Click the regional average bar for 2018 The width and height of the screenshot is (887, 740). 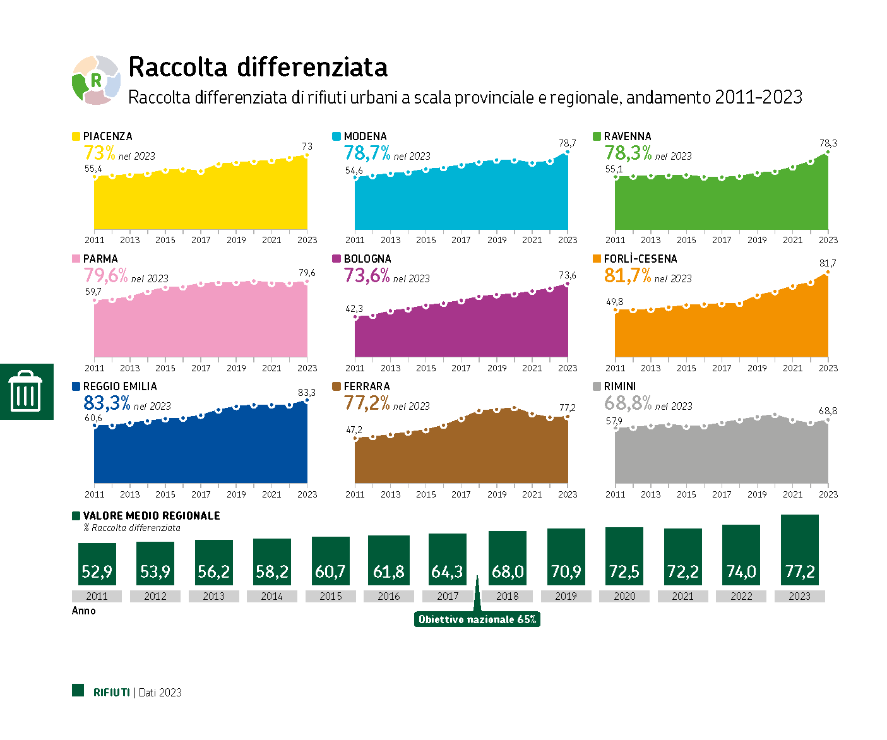pyautogui.click(x=507, y=558)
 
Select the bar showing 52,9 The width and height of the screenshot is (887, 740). pyautogui.click(x=97, y=564)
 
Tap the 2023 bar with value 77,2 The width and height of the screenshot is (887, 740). pyautogui.click(x=799, y=550)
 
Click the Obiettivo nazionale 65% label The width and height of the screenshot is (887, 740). pyautogui.click(x=477, y=619)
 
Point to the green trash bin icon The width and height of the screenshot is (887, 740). pyautogui.click(x=26, y=391)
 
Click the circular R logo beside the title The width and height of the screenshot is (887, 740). pyautogui.click(x=96, y=80)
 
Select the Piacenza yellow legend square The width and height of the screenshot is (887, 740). pyautogui.click(x=76, y=136)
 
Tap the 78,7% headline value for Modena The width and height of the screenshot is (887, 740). pyautogui.click(x=367, y=153)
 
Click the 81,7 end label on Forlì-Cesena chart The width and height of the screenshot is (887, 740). pyautogui.click(x=827, y=263)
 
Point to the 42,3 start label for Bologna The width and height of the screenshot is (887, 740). pyautogui.click(x=354, y=309)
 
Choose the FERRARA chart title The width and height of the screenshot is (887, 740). pyautogui.click(x=367, y=386)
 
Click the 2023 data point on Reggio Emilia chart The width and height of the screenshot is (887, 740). pyautogui.click(x=307, y=400)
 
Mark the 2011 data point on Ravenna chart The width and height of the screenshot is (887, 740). pyautogui.click(x=616, y=177)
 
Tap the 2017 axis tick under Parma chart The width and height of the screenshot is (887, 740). pyautogui.click(x=201, y=368)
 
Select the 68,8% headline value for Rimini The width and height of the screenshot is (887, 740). pyautogui.click(x=628, y=403)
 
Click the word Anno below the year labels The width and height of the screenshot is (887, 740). pyautogui.click(x=84, y=611)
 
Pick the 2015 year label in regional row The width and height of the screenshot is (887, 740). pyautogui.click(x=330, y=596)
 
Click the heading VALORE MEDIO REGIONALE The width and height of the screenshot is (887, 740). pyautogui.click(x=152, y=516)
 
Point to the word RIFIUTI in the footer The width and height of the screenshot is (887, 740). pyautogui.click(x=112, y=693)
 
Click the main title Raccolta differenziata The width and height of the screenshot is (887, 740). pyautogui.click(x=258, y=67)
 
